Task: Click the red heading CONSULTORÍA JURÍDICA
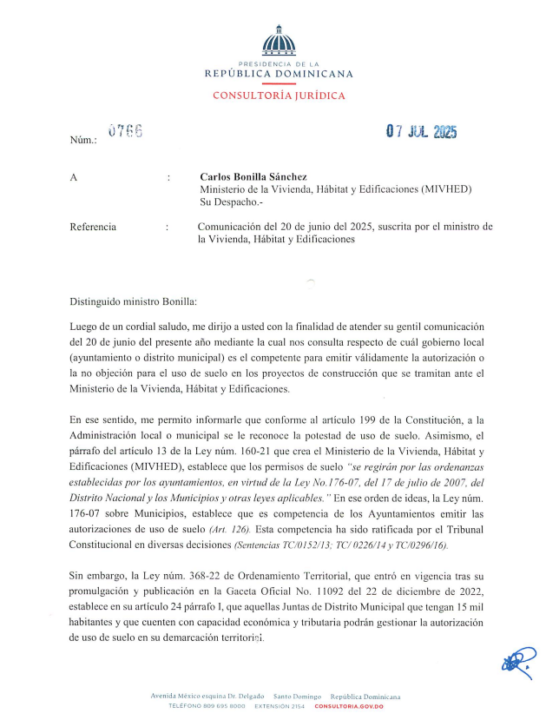(279, 96)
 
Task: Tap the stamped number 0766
(125, 131)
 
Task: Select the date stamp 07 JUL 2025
(421, 132)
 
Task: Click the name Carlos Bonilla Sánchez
(253, 176)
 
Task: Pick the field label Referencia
(93, 227)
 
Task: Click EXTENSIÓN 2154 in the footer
(280, 706)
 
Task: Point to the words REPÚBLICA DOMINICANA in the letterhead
(279, 74)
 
